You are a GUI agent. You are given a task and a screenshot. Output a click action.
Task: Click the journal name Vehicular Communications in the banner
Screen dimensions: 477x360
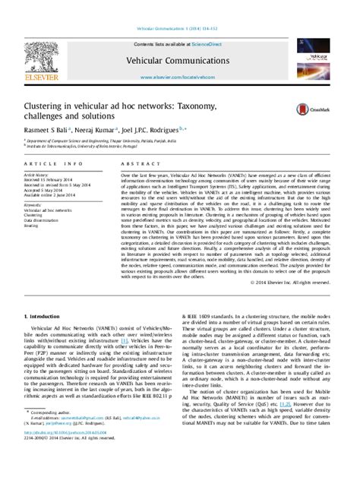click(x=178, y=65)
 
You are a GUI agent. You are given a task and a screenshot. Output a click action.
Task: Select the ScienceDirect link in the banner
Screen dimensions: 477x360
click(x=213, y=46)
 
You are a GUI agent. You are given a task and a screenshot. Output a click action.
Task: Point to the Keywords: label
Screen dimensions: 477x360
click(x=35, y=204)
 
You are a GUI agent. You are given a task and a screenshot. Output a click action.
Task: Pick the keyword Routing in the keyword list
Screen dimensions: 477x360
click(x=32, y=226)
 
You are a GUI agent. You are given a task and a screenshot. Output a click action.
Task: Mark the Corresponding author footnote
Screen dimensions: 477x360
click(x=52, y=434)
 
